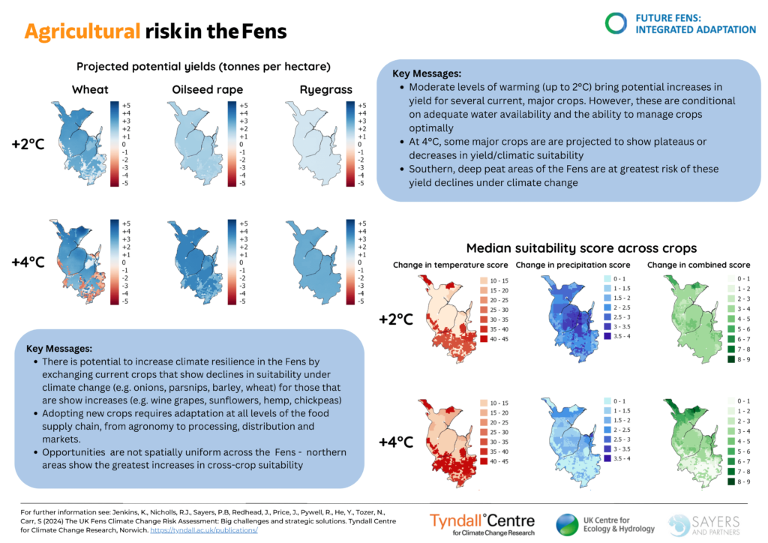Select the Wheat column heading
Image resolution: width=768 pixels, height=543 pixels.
[x=90, y=90]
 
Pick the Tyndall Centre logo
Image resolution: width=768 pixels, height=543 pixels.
[x=482, y=523]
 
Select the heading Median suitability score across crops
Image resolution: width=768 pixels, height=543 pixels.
[x=581, y=248]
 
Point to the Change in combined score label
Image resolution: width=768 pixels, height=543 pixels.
[x=698, y=265]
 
